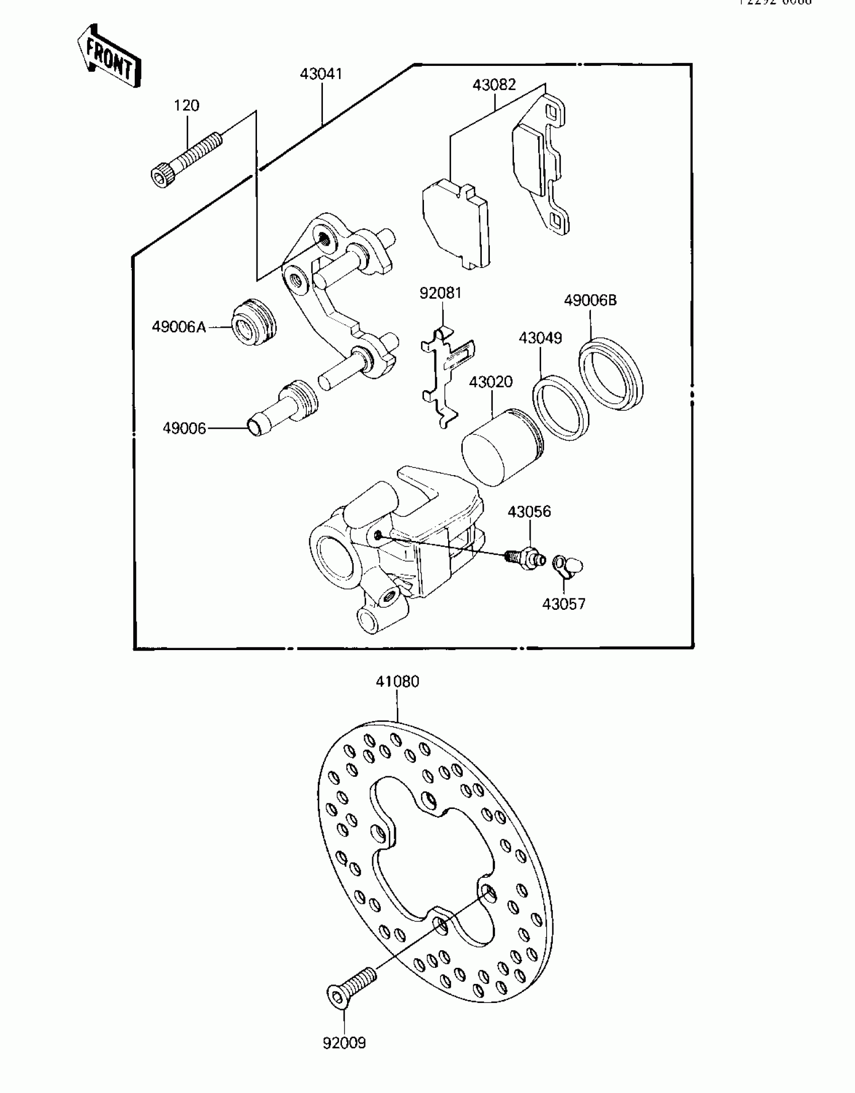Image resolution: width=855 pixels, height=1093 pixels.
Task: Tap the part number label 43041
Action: click(x=321, y=74)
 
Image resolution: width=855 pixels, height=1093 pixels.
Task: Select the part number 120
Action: click(x=187, y=106)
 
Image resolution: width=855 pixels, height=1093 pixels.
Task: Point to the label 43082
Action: click(x=494, y=85)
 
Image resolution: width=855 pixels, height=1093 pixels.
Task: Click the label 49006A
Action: click(x=179, y=327)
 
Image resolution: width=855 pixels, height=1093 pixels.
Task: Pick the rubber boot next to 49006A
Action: click(x=253, y=323)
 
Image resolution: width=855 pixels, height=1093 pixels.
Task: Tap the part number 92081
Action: click(x=441, y=293)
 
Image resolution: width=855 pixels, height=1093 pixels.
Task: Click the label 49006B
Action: click(x=590, y=301)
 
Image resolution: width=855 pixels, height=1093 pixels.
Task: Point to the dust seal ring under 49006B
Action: click(x=611, y=374)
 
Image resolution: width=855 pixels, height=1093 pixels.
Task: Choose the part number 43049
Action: click(x=540, y=338)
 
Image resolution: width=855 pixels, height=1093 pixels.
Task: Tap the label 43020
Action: click(x=490, y=382)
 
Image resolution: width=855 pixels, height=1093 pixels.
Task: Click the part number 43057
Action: click(x=564, y=604)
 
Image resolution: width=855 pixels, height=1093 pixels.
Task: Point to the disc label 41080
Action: click(x=397, y=682)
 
